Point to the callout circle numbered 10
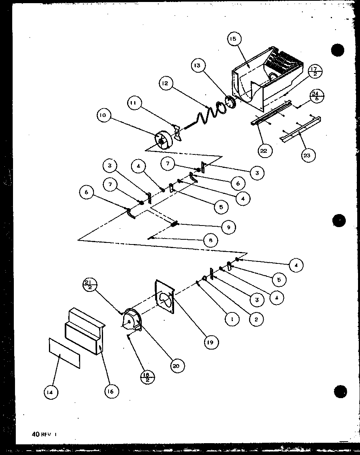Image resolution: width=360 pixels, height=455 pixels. click(x=104, y=115)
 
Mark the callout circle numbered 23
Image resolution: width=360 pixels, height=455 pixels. click(x=307, y=155)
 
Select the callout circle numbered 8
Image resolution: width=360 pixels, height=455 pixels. click(x=211, y=240)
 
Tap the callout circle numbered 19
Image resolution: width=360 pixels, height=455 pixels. click(x=210, y=342)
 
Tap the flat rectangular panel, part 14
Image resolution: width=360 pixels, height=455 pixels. click(x=64, y=352)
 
